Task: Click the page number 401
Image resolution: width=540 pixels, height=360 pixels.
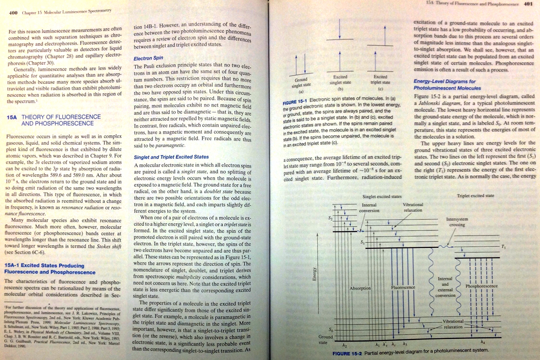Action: pos(528,3)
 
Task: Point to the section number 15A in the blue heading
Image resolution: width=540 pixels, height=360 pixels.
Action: pos(12,117)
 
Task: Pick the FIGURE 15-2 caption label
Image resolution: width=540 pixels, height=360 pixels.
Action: pos(349,354)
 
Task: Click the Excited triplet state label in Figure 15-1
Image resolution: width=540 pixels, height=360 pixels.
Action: pos(381,80)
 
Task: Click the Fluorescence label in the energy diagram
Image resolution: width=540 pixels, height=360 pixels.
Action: pos(403,287)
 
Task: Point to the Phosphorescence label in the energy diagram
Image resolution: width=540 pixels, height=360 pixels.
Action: pos(481,286)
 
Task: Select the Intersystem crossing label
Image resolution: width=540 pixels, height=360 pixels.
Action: pos(457,222)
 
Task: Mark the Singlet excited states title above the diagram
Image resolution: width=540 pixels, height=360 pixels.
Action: pos(382,196)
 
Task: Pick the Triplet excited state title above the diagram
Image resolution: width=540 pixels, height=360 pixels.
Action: pos(475,196)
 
